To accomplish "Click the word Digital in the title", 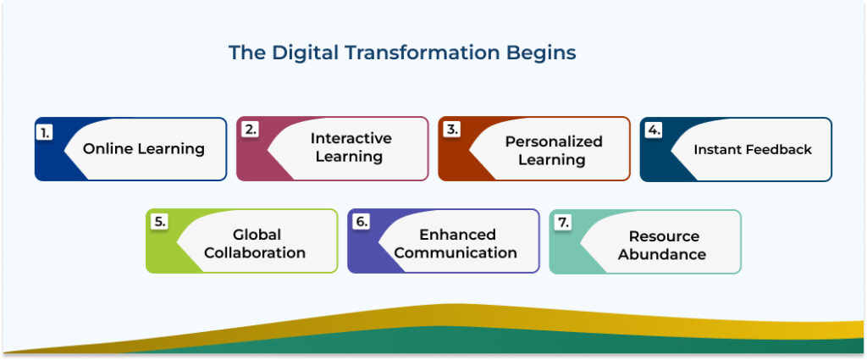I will click(303, 53).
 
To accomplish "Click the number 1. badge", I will click(45, 131).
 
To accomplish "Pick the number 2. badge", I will click(248, 130).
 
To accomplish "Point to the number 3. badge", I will click(451, 130).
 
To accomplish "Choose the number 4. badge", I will click(653, 131).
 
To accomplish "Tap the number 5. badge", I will click(159, 222).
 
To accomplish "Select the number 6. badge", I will click(362, 222).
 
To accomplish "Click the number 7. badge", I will click(563, 222).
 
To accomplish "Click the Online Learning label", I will click(143, 149).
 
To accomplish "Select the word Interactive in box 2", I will click(351, 138).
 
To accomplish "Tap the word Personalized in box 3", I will click(554, 141).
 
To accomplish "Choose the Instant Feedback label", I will click(753, 149).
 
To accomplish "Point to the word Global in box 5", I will click(257, 234).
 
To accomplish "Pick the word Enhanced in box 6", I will click(457, 234).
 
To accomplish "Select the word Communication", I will click(456, 252).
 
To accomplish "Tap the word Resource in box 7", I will click(664, 236).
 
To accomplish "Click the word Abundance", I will click(662, 254).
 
